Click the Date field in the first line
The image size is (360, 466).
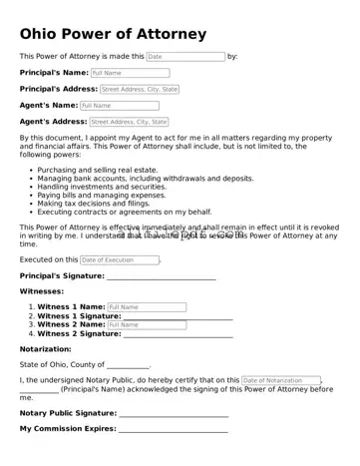tap(185, 57)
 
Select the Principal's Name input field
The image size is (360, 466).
tap(129, 73)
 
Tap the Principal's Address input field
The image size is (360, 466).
tap(139, 89)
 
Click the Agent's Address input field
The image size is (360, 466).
tap(129, 122)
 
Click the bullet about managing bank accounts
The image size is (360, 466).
tap(125, 178)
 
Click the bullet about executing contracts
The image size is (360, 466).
tap(125, 213)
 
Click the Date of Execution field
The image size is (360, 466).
tap(119, 259)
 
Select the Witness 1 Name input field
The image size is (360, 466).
tap(146, 306)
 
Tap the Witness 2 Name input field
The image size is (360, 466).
tap(146, 324)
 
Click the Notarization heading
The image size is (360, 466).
tap(45, 349)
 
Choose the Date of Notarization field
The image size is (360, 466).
tap(280, 380)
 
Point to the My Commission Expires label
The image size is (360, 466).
tap(67, 428)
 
